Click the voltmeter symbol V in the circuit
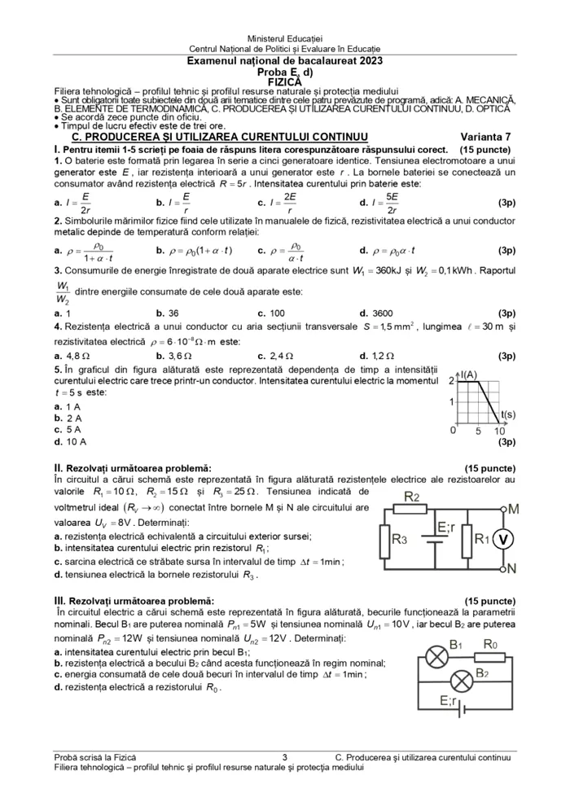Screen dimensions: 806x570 503,539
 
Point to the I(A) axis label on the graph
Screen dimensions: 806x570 469,375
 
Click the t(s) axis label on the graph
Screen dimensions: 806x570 507,414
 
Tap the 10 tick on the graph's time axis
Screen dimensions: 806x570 500,431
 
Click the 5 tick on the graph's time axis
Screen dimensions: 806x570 479,431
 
